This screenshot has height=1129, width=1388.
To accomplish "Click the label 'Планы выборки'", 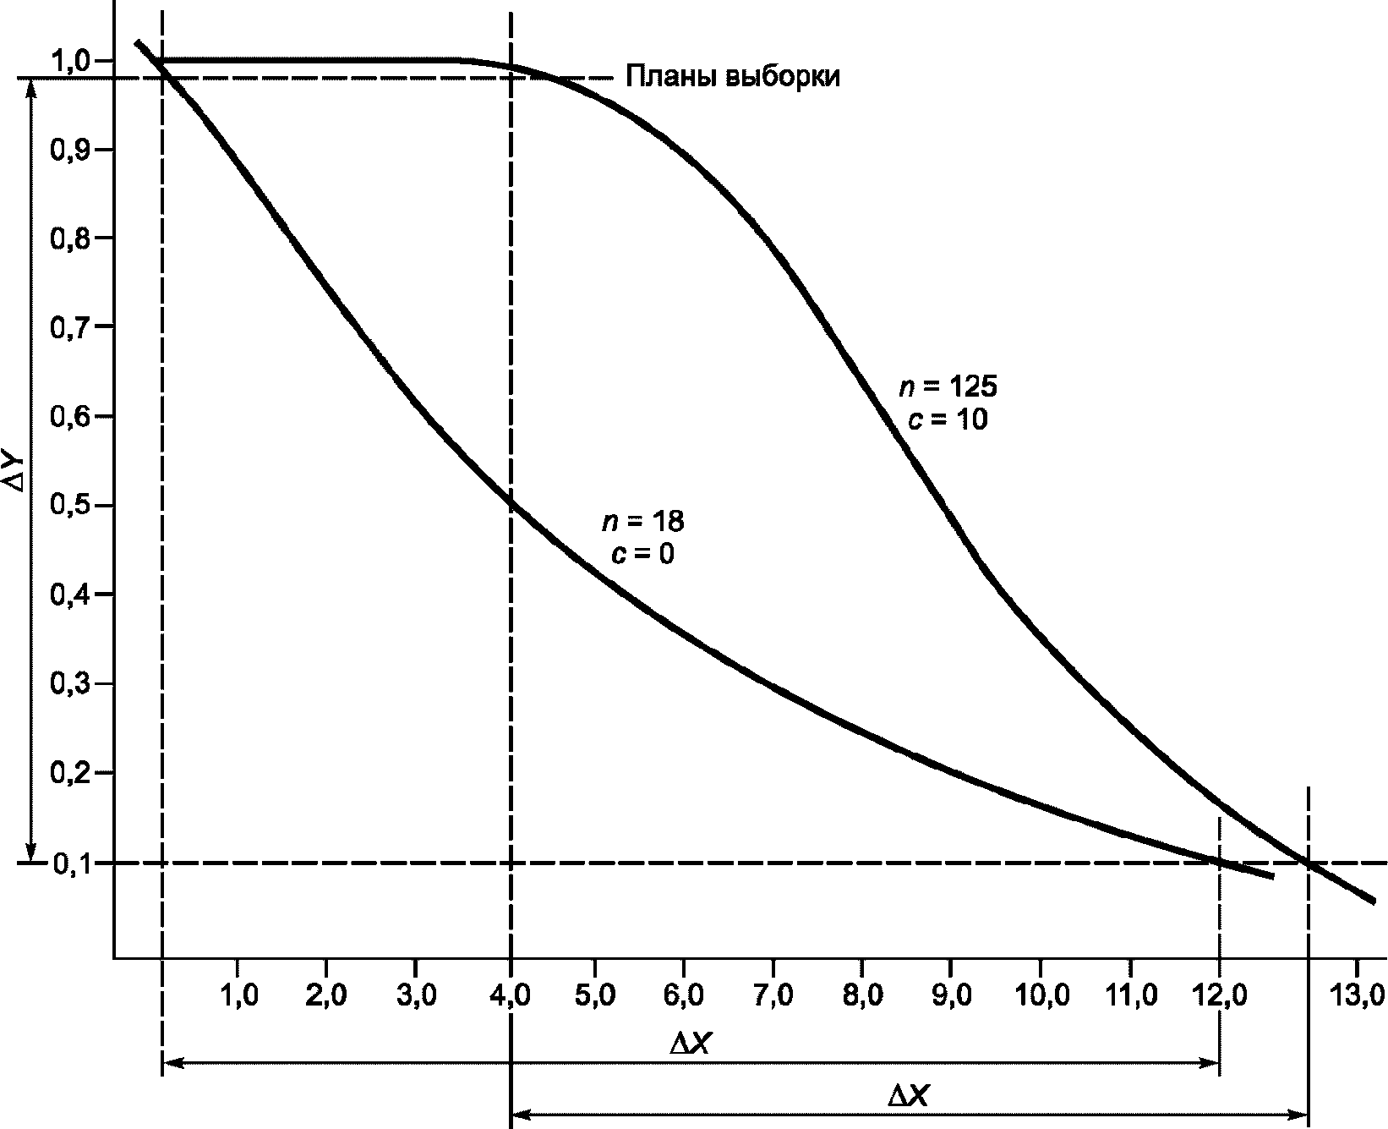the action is tap(733, 77).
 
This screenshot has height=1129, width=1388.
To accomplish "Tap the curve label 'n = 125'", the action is tap(948, 387).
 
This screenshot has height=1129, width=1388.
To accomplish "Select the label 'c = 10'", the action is tap(948, 419).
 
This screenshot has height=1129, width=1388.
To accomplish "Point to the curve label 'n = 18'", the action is tap(643, 522).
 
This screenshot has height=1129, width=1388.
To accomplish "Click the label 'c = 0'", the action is tap(643, 554).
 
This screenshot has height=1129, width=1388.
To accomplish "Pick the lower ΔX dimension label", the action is tap(910, 1097).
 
